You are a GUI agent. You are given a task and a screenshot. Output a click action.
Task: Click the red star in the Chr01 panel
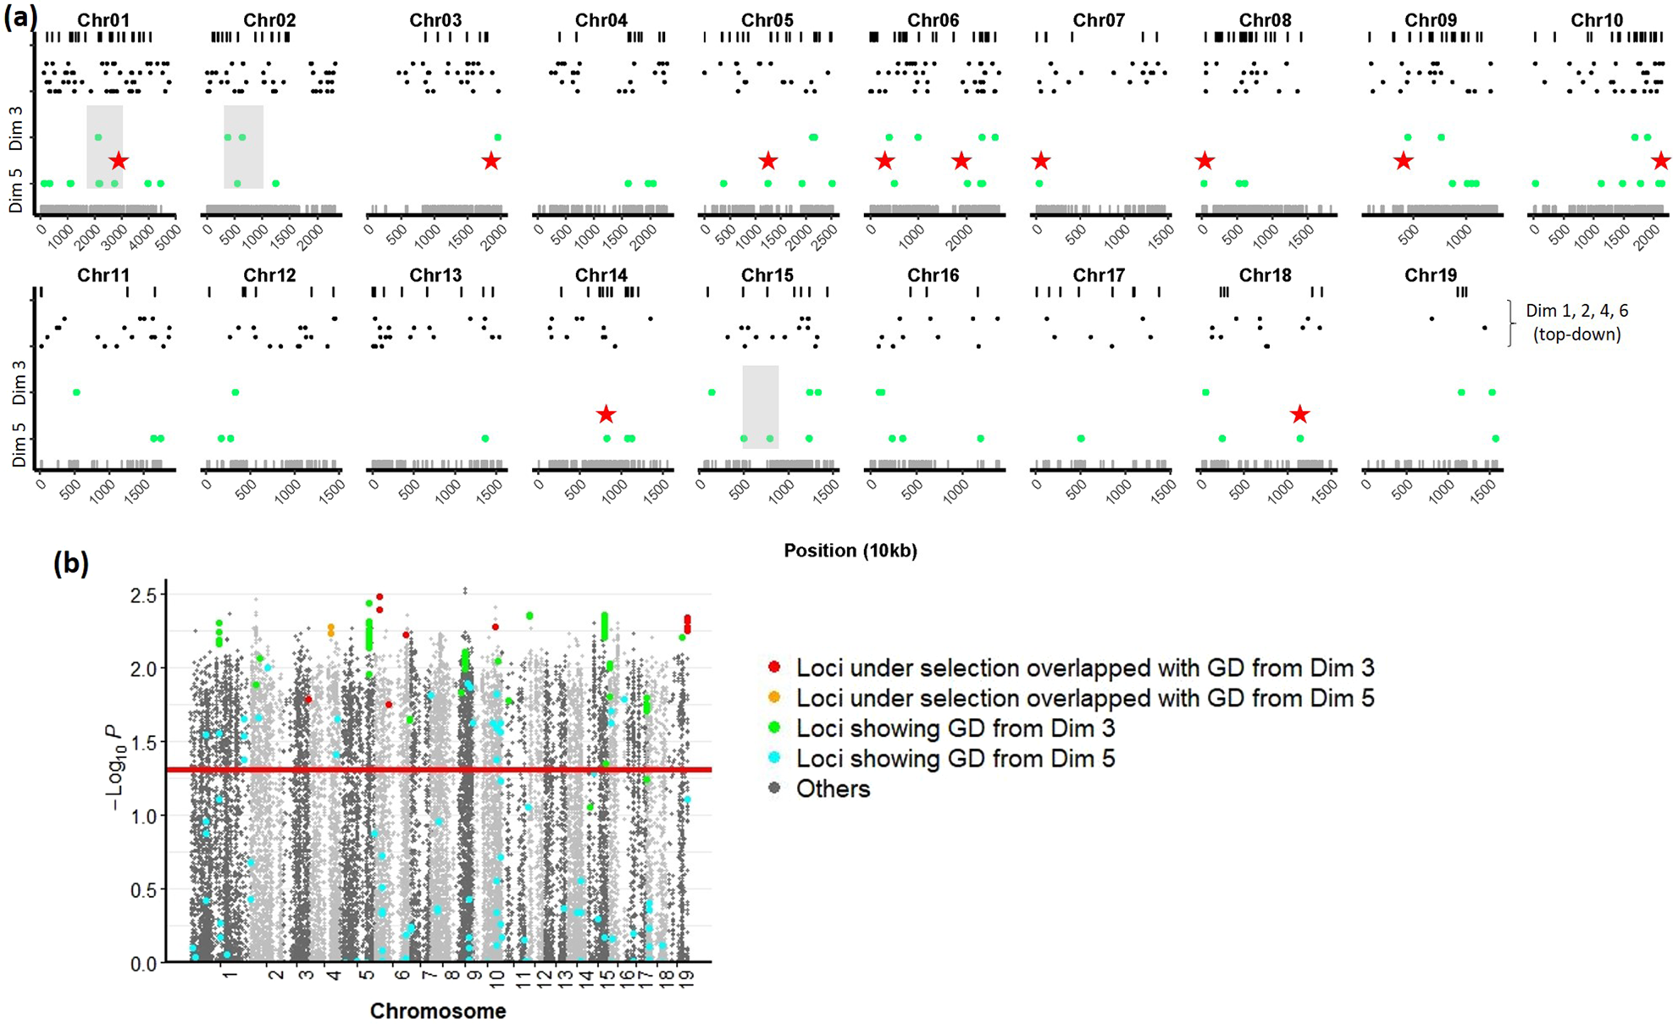(x=119, y=160)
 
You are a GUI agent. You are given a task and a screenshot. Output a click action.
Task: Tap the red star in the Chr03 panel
(x=491, y=160)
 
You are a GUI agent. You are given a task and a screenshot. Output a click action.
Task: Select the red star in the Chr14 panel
(x=606, y=414)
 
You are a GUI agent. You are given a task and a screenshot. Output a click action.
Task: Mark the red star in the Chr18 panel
(x=1300, y=414)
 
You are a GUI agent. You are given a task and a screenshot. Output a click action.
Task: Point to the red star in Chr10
(x=1661, y=160)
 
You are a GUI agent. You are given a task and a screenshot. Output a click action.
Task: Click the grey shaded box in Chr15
(x=761, y=407)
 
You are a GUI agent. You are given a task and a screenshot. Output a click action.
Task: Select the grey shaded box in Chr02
(x=243, y=147)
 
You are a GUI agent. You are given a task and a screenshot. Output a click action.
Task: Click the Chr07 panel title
(x=1099, y=19)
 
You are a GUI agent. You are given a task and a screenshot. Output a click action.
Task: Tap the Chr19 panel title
(x=1431, y=274)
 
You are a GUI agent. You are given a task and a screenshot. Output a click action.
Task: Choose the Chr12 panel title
(x=269, y=274)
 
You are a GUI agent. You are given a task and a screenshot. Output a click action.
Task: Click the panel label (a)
(x=20, y=17)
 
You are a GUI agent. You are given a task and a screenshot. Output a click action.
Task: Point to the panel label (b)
(x=71, y=562)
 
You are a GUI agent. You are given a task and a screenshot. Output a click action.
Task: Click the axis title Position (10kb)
(x=850, y=551)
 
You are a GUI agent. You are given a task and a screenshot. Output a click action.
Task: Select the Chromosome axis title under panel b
(x=438, y=1010)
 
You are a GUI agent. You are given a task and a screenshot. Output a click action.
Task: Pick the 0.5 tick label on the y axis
(x=143, y=889)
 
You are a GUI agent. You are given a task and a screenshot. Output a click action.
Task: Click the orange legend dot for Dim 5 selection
(x=773, y=698)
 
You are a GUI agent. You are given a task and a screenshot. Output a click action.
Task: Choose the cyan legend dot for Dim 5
(x=773, y=758)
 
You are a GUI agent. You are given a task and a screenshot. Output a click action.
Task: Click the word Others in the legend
(x=833, y=789)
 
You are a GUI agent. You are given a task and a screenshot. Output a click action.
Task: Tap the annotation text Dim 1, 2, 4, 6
(x=1576, y=311)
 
